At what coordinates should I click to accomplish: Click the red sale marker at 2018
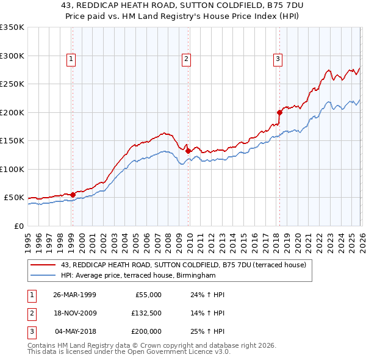click(279, 112)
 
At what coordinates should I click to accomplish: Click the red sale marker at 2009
click(188, 151)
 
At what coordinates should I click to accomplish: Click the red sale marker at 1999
click(73, 195)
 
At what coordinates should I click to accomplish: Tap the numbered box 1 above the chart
click(71, 59)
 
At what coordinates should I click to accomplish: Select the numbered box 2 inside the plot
click(185, 59)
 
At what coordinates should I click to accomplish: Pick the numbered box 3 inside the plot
click(278, 59)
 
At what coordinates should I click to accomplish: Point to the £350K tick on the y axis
click(12, 27)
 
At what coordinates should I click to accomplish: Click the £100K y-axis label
click(12, 169)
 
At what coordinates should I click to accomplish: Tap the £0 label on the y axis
click(18, 226)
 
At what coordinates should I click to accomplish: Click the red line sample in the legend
click(43, 265)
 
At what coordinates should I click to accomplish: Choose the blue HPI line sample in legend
click(43, 275)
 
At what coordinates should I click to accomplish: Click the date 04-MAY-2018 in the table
click(75, 331)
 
